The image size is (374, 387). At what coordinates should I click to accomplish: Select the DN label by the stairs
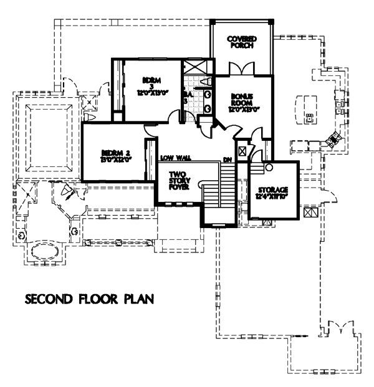228,160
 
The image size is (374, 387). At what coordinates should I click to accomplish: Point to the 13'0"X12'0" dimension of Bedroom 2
115,161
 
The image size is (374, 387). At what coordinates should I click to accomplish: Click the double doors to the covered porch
241,69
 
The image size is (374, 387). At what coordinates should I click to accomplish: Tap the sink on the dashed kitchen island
308,116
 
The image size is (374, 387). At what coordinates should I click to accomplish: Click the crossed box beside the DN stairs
244,150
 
